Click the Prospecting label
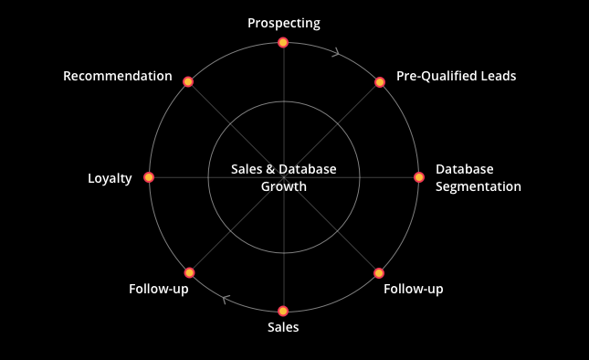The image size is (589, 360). (x=284, y=23)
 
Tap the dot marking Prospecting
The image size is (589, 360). (x=283, y=42)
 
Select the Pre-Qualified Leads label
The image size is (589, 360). (x=456, y=76)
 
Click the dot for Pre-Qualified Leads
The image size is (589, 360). (x=380, y=82)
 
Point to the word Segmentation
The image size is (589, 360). (x=479, y=186)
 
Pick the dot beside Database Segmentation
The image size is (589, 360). (x=419, y=177)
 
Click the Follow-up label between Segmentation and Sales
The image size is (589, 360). (x=413, y=289)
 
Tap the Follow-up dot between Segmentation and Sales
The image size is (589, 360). (x=379, y=273)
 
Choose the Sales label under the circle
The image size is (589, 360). (x=283, y=327)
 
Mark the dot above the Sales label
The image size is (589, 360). (x=283, y=311)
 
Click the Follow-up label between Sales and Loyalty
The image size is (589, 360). (x=159, y=289)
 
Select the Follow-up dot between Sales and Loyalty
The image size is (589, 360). (x=189, y=272)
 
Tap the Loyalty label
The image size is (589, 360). (x=110, y=178)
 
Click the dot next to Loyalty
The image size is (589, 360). (x=149, y=177)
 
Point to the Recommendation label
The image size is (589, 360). (x=118, y=76)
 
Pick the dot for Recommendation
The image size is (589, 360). (x=188, y=81)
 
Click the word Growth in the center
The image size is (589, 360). (x=284, y=186)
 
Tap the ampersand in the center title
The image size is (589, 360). (x=270, y=169)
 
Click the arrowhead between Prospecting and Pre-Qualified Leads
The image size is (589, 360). (x=336, y=52)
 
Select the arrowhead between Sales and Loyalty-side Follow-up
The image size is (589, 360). (x=226, y=300)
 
